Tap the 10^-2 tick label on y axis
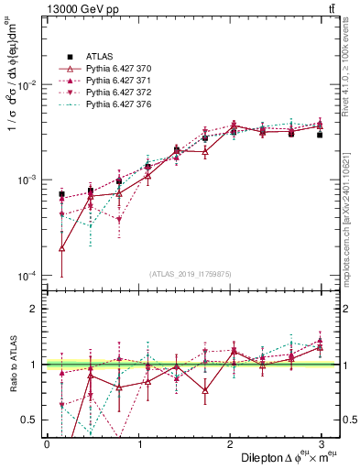coord(26,85)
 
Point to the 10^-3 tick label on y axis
coord(26,180)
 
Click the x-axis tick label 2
coord(232,443)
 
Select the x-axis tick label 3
coord(324,443)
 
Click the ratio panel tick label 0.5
coord(30,420)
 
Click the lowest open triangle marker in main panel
coord(61,247)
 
